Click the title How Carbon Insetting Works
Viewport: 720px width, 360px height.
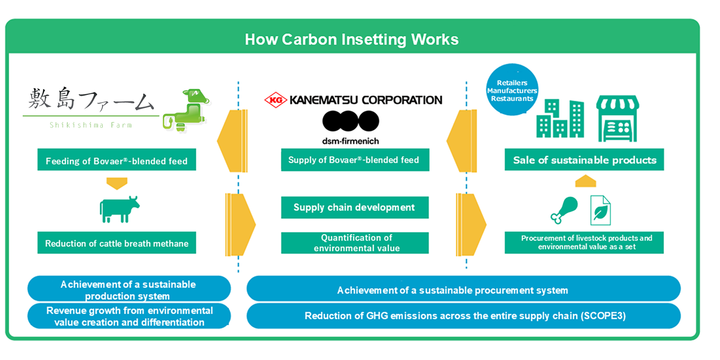[351, 39]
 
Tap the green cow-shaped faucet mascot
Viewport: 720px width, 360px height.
[187, 110]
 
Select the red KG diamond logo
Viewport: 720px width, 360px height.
[275, 100]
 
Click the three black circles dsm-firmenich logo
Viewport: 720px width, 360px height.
[350, 121]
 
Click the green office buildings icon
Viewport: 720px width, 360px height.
[560, 119]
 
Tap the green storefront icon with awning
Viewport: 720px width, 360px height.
[617, 119]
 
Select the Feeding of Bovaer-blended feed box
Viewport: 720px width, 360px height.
[117, 160]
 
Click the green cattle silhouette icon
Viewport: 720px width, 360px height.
[119, 210]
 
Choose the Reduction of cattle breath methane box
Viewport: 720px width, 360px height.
[117, 243]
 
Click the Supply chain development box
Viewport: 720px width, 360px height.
[355, 207]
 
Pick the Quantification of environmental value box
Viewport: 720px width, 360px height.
[355, 243]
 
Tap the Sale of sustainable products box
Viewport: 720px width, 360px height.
[584, 160]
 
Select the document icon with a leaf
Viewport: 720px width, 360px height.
[600, 211]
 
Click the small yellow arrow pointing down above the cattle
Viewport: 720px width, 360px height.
[117, 183]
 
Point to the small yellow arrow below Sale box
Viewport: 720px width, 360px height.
[585, 181]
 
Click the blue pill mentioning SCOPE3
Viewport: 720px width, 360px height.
[463, 316]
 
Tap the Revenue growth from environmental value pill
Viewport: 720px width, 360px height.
[129, 316]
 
